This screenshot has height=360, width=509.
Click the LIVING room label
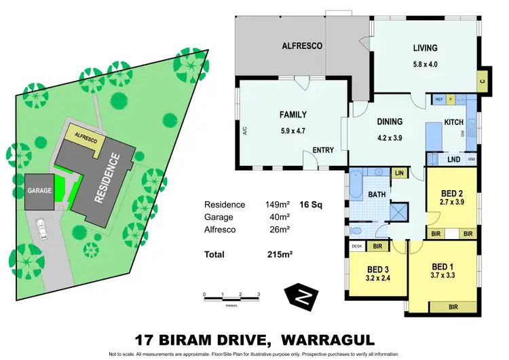click(x=425, y=48)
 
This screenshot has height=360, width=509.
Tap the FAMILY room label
click(x=293, y=115)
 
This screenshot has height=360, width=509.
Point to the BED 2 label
click(x=451, y=192)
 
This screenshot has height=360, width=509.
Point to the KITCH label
click(x=453, y=122)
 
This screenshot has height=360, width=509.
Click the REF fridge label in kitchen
click(x=439, y=100)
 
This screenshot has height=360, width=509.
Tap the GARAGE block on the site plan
click(x=39, y=191)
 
